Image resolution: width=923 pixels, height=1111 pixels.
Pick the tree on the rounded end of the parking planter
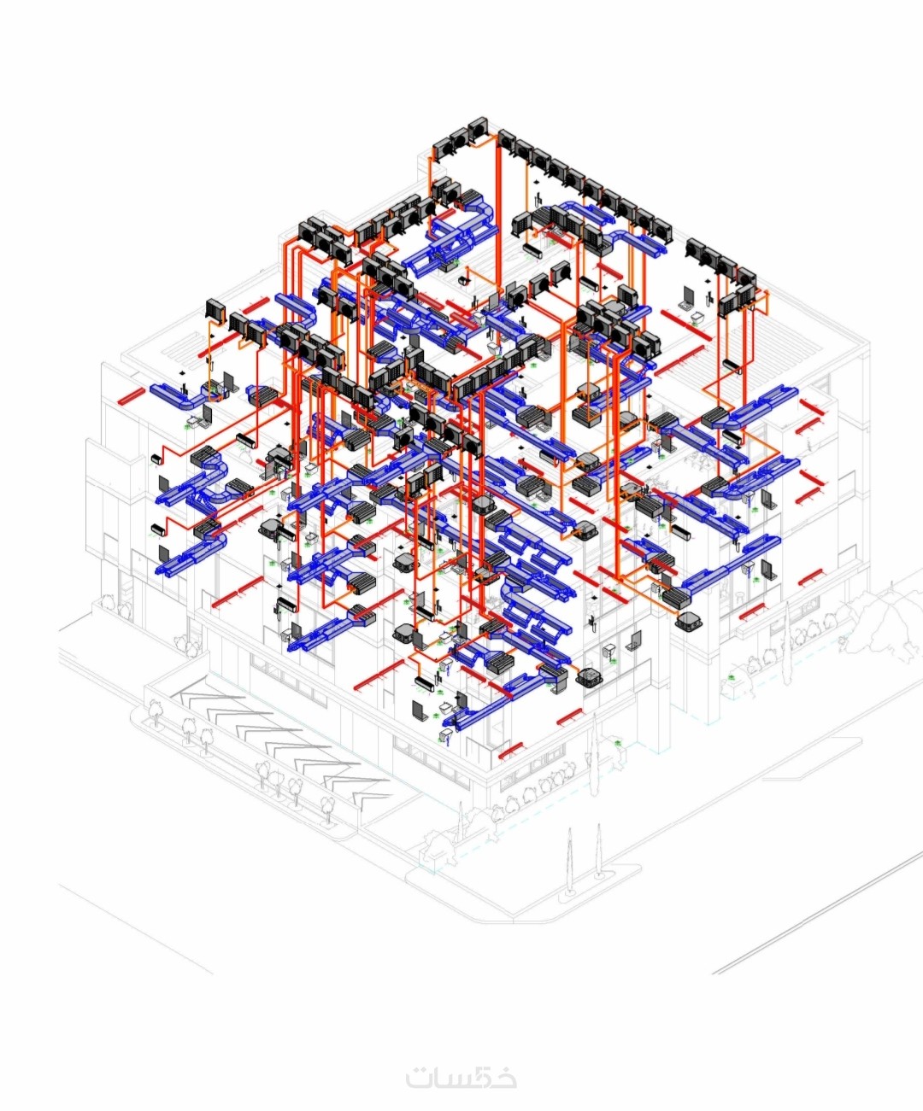coord(155,714)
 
